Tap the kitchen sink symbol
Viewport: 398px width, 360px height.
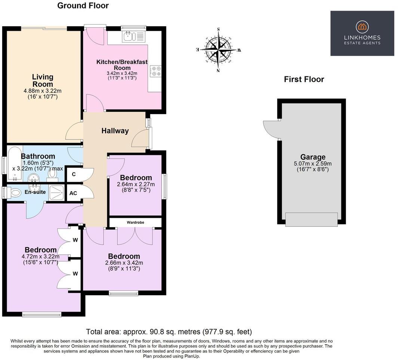tap(129, 36)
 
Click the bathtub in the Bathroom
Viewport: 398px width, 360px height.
tap(14, 164)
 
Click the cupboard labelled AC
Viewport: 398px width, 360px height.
tap(73, 193)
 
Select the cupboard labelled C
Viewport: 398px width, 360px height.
tap(74, 174)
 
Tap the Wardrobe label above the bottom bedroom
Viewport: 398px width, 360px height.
tap(135, 223)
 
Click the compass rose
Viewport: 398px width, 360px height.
tap(219, 50)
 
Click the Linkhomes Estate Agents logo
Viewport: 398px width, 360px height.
tap(362, 33)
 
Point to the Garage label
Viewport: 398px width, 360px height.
tap(313, 157)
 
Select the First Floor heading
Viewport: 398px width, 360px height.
tap(304, 79)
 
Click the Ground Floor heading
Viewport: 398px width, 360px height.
tap(83, 6)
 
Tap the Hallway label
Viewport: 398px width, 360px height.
tap(115, 131)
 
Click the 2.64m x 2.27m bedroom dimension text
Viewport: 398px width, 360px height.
tap(136, 184)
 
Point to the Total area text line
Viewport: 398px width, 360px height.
tap(169, 332)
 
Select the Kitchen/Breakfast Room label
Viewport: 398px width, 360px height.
tap(122, 65)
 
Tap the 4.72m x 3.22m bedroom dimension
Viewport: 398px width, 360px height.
tap(41, 257)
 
